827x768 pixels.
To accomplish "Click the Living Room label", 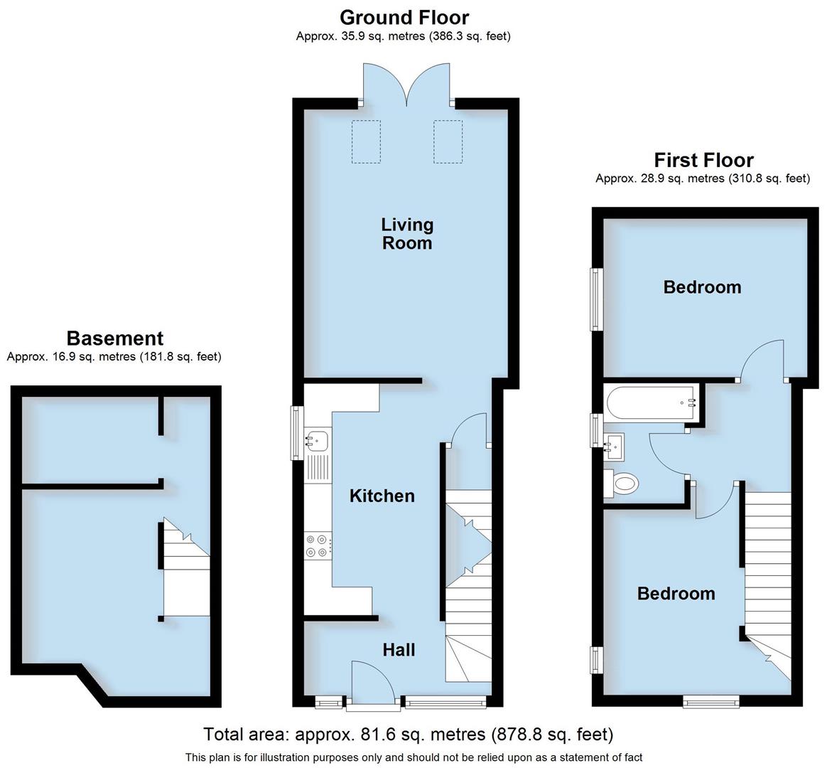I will coord(406,234).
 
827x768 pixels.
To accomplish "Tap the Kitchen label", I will coord(382,496).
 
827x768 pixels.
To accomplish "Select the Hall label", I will coord(399,649).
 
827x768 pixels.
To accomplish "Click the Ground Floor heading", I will coord(404,17).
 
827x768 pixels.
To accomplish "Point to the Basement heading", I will coord(114,338).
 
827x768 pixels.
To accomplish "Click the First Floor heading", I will coord(703,160).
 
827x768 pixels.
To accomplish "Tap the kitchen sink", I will coord(316,441).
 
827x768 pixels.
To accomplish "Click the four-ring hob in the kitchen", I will coord(317,545).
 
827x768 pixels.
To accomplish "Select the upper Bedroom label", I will coord(702,287).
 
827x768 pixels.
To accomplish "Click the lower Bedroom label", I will coord(676,594).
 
